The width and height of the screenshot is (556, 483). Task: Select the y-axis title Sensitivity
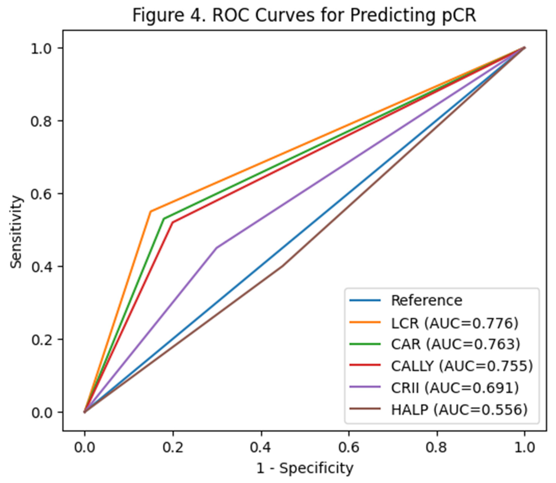click(16, 232)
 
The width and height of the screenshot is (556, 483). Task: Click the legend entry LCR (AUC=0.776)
click(455, 323)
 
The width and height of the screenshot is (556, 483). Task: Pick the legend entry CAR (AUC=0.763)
click(456, 344)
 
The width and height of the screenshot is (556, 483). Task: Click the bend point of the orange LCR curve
click(150, 212)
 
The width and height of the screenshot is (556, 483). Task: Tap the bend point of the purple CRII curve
click(216, 248)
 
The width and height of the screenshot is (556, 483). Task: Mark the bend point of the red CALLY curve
click(172, 222)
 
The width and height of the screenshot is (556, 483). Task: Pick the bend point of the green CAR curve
click(163, 218)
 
